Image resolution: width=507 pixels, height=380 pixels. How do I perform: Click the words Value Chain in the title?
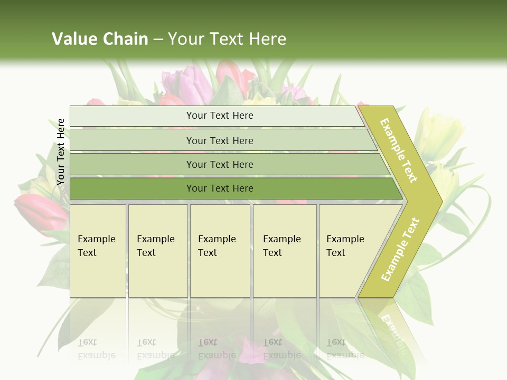click(100, 39)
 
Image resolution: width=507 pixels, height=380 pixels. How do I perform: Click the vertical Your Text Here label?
click(61, 151)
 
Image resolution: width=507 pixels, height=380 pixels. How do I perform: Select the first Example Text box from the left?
click(98, 250)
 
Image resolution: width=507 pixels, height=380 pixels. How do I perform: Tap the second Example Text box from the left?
click(157, 250)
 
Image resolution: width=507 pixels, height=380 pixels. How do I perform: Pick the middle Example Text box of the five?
click(220, 250)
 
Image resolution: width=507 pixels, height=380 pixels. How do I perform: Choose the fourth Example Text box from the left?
click(284, 250)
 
